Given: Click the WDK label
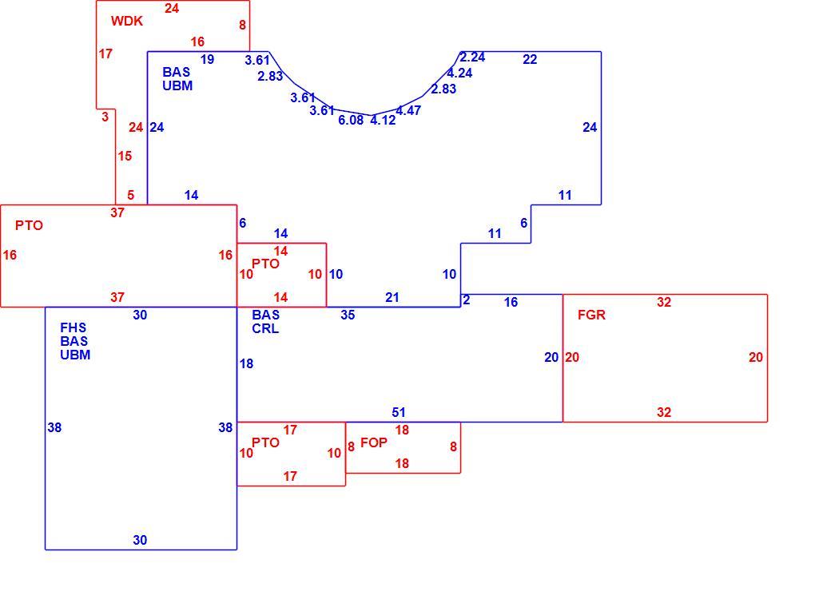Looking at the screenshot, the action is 127,22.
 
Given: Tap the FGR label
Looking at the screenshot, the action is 591,315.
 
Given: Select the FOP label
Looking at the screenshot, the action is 374,442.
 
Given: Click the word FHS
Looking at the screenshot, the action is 74,327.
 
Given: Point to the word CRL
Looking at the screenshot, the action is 265,328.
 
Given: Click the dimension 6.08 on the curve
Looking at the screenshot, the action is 351,121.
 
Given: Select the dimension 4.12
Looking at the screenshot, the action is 383,121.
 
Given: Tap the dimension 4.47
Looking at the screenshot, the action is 408,111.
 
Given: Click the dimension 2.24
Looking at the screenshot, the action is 472,58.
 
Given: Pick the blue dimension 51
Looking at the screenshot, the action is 399,412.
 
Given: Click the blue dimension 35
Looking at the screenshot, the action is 348,315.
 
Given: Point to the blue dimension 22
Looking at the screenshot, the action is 530,59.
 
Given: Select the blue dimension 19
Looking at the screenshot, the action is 207,59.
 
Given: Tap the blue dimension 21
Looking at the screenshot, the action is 392,297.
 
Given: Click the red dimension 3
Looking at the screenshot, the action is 105,117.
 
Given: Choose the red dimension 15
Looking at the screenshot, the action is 125,156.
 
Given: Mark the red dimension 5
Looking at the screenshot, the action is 131,195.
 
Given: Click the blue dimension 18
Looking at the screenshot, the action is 246,363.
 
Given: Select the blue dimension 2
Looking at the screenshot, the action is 467,300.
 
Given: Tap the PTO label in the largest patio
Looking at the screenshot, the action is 29,225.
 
